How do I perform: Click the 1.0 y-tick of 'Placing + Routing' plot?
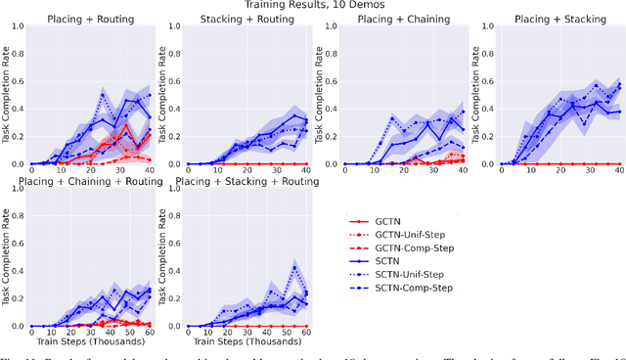coord(17,26)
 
